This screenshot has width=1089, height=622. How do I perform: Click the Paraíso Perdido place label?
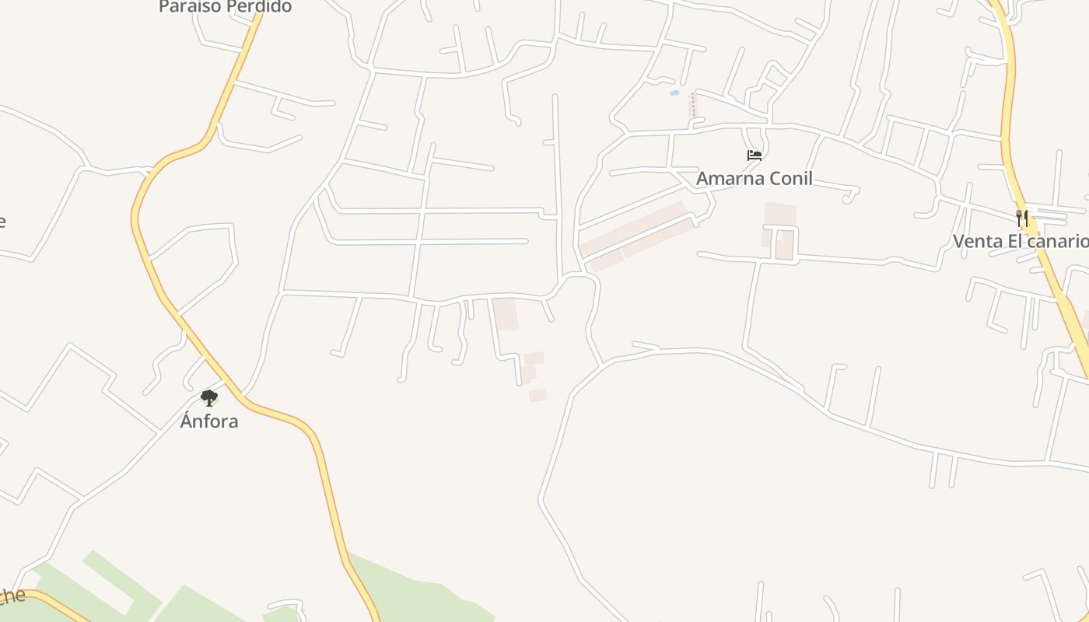pos(225,7)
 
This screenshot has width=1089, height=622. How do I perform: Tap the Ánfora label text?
pos(209,421)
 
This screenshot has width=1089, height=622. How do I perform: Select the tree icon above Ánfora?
pos(208,398)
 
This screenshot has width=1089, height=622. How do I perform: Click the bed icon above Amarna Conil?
pos(754,155)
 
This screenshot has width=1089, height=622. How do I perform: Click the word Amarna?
pos(725,179)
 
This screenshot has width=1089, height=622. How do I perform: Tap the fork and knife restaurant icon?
pos(1022,218)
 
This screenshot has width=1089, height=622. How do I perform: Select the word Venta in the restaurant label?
pos(978,241)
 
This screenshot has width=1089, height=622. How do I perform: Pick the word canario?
pos(1058,241)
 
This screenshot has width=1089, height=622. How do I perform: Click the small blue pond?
pos(674,93)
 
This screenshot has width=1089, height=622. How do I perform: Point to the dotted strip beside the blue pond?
pos(692,106)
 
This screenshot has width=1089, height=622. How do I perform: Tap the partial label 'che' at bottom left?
pos(11,597)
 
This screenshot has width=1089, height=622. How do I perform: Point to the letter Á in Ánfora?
pos(186,421)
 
